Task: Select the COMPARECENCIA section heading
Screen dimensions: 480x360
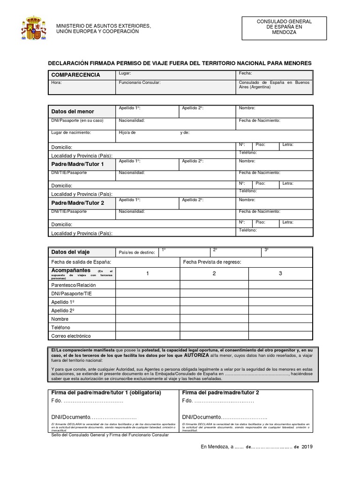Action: [x=75, y=75]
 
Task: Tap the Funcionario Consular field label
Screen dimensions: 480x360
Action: [x=140, y=82]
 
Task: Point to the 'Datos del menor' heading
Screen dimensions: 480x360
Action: [x=73, y=112]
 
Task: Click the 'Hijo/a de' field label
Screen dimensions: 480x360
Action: [x=127, y=133]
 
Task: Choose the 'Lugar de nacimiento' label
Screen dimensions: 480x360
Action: [x=71, y=133]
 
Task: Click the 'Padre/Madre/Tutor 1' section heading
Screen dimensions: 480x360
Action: [x=77, y=165]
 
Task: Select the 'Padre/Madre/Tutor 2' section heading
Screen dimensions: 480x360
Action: [x=77, y=203]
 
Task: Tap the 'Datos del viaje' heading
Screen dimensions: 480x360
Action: [x=70, y=252]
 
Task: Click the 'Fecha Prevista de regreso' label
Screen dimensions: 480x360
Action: [x=212, y=262]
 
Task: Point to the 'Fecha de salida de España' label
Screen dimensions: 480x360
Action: [x=81, y=262]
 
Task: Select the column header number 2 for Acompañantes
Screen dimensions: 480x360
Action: [x=214, y=273]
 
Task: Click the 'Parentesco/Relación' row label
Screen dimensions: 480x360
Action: [x=74, y=285]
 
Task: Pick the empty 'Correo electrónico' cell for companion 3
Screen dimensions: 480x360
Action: [x=280, y=336]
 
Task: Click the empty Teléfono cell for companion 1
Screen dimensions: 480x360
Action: [x=148, y=327]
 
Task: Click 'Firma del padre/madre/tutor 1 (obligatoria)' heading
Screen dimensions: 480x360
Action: [x=106, y=392]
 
